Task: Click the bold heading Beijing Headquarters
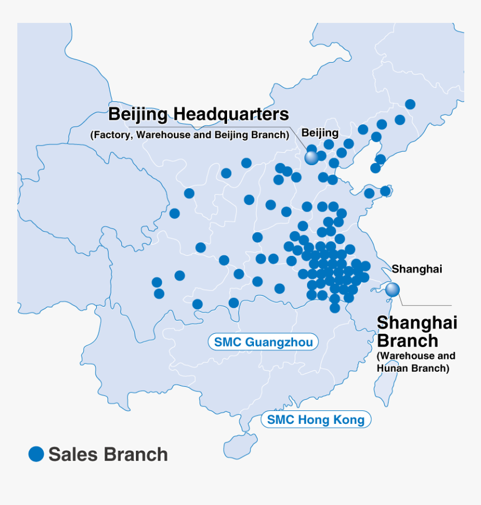(198, 115)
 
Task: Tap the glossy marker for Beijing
(312, 158)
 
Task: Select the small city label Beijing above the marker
(320, 133)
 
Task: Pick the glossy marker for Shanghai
(393, 289)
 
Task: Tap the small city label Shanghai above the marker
(417, 269)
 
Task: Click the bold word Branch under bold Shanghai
(408, 340)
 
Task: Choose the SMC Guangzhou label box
(263, 342)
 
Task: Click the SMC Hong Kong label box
(315, 419)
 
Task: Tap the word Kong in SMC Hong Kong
(350, 419)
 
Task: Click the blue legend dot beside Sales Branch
(36, 454)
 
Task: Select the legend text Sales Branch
(108, 455)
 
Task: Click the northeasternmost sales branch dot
(410, 104)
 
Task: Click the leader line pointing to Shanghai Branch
(425, 306)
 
